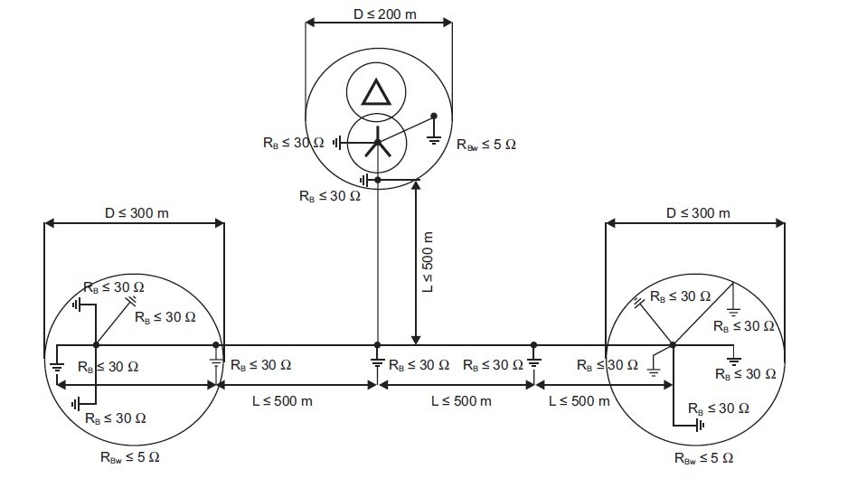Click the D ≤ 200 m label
click(384, 14)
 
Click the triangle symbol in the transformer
click(376, 92)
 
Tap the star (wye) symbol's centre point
click(378, 142)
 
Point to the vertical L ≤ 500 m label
click(428, 262)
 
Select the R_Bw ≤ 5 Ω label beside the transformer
click(486, 145)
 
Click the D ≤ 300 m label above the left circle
click(137, 213)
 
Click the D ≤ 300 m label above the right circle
click(698, 213)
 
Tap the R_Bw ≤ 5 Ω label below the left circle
click(130, 457)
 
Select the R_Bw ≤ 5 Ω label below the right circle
click(703, 458)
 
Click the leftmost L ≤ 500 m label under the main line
click(282, 401)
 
